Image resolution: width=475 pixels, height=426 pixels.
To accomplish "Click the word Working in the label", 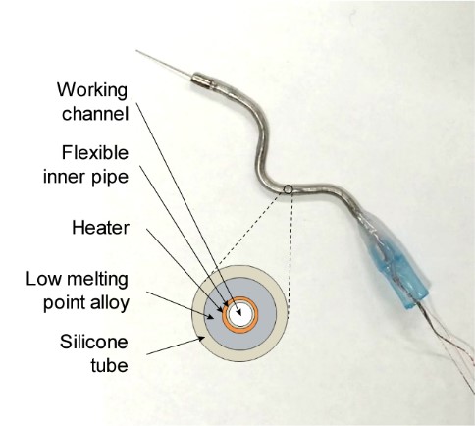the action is (x=92, y=90).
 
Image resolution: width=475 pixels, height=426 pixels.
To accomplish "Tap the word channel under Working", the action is (x=95, y=114).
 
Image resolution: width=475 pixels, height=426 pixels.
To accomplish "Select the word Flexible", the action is (x=95, y=152).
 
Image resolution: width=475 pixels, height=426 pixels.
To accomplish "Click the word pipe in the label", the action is (x=112, y=178).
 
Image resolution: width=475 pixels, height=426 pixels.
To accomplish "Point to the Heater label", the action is (x=100, y=228).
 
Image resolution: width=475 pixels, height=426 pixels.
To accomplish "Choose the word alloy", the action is (x=110, y=303).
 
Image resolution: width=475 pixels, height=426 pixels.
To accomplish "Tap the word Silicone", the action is (x=94, y=342).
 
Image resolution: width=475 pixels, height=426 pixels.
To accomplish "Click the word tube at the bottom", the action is (x=109, y=365).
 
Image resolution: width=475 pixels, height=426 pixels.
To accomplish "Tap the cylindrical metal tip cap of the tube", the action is (x=202, y=80).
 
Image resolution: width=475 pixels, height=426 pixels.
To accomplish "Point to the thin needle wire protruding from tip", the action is (x=164, y=65).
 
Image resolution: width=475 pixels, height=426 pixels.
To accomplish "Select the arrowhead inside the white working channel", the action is (x=238, y=312).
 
